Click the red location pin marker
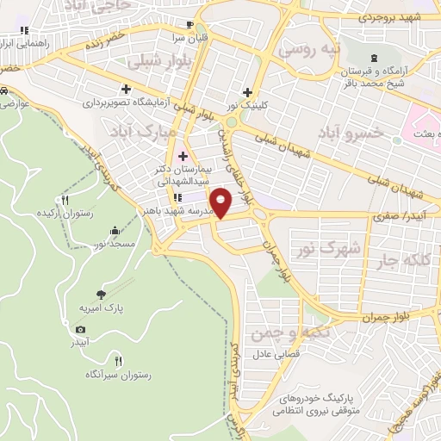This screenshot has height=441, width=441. click(221, 203)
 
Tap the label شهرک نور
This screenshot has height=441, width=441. click(329, 249)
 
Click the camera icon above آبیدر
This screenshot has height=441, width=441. click(80, 329)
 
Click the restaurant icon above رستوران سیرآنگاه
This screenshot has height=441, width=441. click(118, 361)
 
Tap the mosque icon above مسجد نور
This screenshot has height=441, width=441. click(115, 230)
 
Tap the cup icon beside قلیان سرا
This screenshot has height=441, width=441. click(189, 24)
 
